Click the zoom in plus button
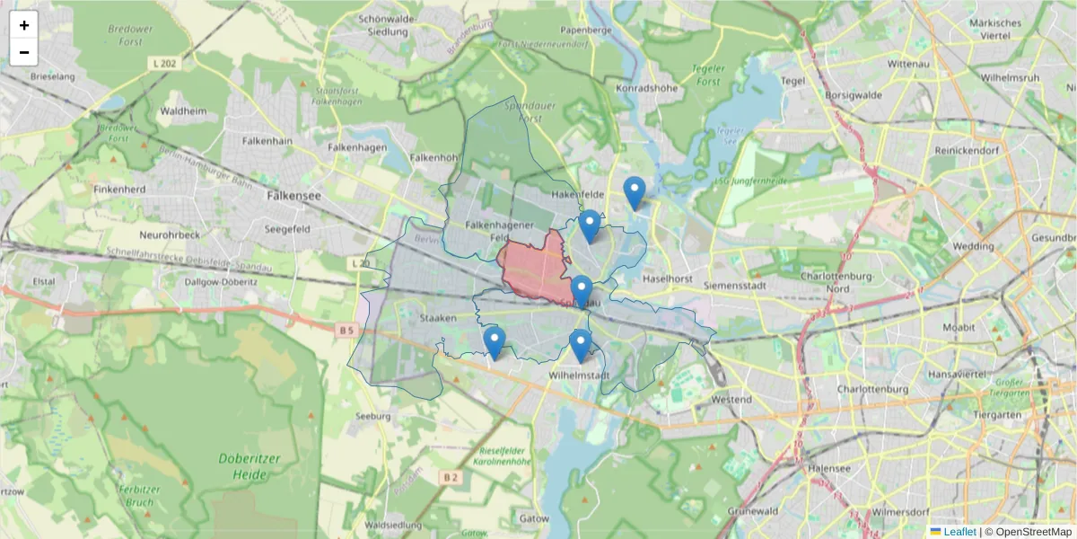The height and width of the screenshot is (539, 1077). [x=24, y=25]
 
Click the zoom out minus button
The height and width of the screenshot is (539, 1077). [x=24, y=52]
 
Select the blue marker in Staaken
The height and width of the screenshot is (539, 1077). [x=494, y=342]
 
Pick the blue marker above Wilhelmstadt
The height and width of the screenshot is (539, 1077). [x=581, y=345]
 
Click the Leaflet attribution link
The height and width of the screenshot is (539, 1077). [x=959, y=532]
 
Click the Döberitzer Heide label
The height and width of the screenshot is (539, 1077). [x=250, y=465]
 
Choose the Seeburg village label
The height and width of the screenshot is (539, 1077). [x=372, y=416]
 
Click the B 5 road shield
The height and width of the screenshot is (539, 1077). [x=347, y=330]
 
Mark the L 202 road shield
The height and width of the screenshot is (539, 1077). [x=162, y=64]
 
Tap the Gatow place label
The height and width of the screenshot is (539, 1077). [x=533, y=518]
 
